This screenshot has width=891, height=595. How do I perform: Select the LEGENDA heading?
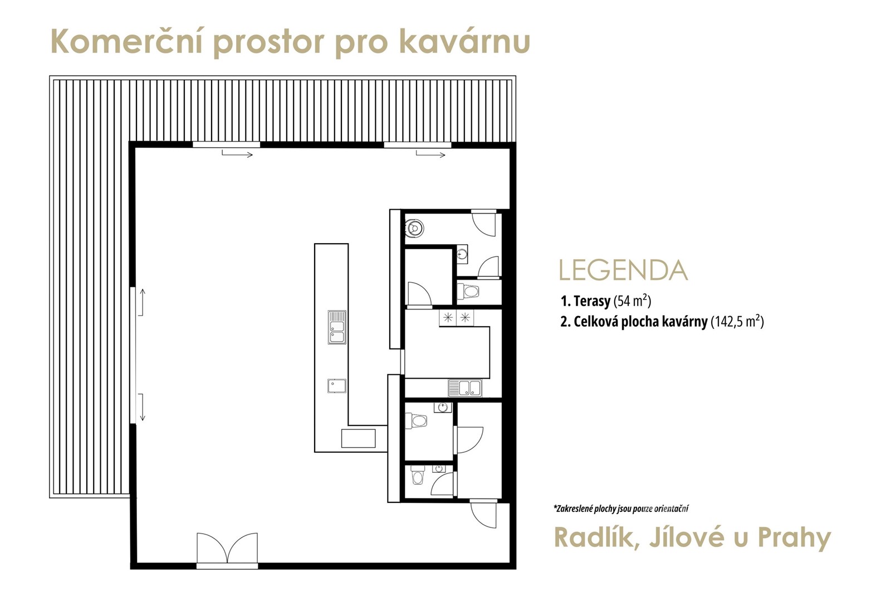coord(623,270)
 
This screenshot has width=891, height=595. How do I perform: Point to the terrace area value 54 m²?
coord(632,301)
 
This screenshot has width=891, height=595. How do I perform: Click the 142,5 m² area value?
coord(737,321)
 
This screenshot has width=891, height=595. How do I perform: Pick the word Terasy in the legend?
coord(591,301)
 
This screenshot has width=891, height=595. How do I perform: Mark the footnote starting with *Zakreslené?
coord(621,509)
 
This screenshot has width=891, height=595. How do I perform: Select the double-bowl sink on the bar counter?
coord(337,327)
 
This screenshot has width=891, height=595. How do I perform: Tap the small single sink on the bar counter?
coord(337,386)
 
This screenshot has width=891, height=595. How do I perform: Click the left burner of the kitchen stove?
coord(448,317)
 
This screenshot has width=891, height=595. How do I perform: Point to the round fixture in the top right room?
coord(414,228)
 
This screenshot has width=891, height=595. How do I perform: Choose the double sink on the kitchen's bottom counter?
coord(465,388)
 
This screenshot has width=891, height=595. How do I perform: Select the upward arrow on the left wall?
coord(141,302)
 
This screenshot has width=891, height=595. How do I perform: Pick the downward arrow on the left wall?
coord(141,407)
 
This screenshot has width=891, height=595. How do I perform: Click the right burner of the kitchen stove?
coord(465,317)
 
